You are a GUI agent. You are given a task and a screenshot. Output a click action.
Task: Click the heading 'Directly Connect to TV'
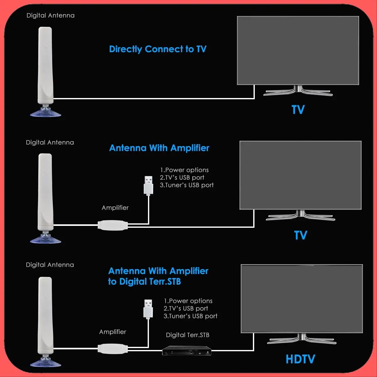point(157,49)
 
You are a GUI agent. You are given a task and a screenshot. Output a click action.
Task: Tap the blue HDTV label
point(300,359)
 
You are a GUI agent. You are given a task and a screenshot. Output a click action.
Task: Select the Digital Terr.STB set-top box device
point(187,350)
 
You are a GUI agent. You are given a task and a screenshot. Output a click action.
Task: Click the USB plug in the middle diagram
point(148,185)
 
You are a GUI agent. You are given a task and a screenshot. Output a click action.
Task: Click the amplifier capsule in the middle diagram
point(113,225)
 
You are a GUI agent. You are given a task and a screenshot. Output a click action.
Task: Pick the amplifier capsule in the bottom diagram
point(113,348)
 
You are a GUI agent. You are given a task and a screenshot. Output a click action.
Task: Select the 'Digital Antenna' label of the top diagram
point(50,15)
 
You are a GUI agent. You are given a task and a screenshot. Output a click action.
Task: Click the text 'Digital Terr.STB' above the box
point(188,335)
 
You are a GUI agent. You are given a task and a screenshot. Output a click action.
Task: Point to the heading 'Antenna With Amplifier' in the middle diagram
point(159,148)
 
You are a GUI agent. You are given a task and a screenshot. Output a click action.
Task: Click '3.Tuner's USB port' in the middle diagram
point(187,185)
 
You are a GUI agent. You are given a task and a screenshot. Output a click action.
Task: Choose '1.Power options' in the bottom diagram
point(188,301)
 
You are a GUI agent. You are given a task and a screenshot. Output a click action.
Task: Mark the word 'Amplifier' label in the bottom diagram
point(112,332)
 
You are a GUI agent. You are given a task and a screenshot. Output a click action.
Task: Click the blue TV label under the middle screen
point(300,235)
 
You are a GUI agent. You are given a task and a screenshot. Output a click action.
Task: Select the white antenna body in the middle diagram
point(45,192)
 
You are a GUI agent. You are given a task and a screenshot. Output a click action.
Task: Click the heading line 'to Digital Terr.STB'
point(145,281)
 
